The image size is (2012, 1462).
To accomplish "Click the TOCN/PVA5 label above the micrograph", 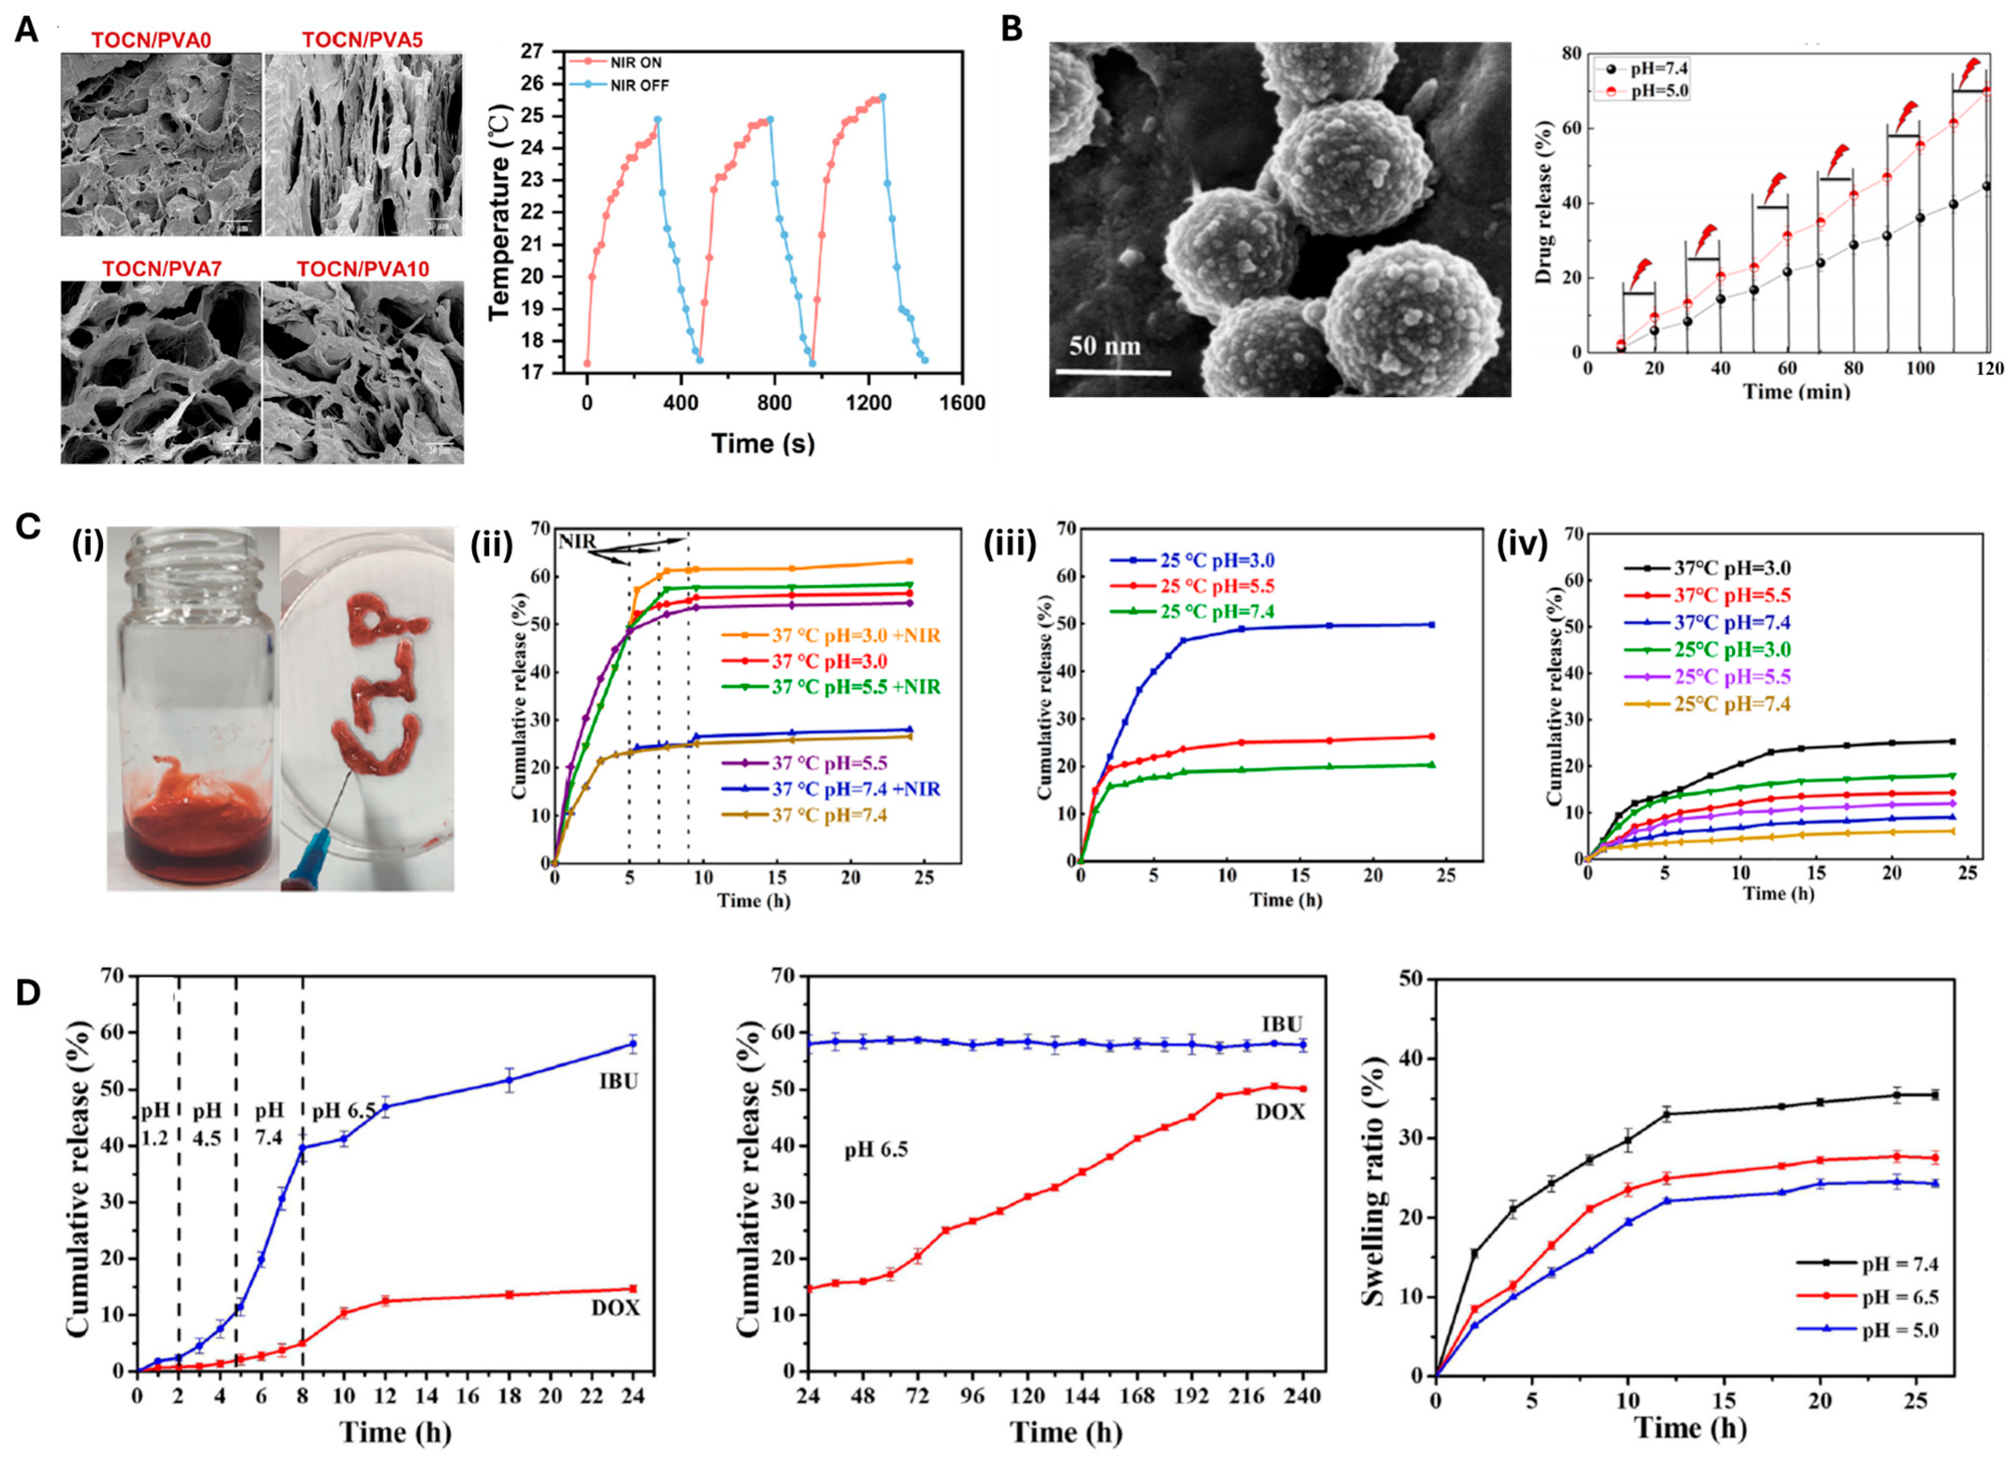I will pos(362,40).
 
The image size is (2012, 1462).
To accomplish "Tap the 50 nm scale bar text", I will pos(1104,345).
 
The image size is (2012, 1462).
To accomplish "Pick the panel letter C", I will pos(29,526).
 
